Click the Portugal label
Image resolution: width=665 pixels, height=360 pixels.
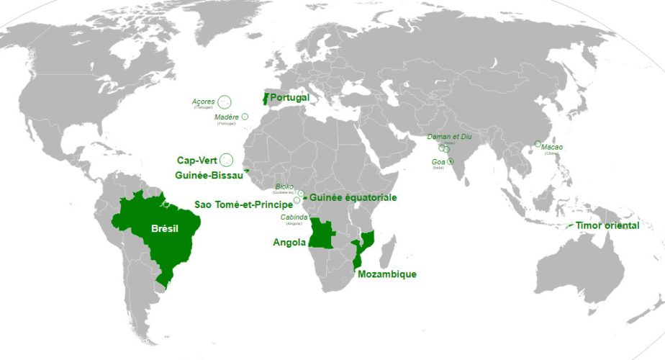[x=289, y=98]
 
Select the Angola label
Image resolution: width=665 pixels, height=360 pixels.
[x=290, y=242]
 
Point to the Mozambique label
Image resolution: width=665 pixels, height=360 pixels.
[x=386, y=274]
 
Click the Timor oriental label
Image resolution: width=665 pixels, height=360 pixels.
[x=607, y=225]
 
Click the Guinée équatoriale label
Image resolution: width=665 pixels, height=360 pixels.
[x=353, y=197]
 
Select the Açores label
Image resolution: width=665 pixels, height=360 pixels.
[x=204, y=102]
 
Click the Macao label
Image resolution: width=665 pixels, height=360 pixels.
[x=552, y=148]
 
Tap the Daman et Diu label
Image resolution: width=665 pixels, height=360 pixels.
[x=449, y=137]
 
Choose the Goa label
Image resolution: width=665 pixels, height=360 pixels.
[x=438, y=162]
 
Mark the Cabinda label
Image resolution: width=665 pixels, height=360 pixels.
[x=294, y=217]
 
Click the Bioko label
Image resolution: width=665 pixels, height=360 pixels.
[x=284, y=186]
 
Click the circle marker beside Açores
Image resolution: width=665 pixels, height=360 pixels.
[x=225, y=102]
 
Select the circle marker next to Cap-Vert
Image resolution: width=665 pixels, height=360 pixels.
[x=227, y=160]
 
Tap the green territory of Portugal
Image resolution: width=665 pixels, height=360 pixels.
[x=264, y=100]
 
